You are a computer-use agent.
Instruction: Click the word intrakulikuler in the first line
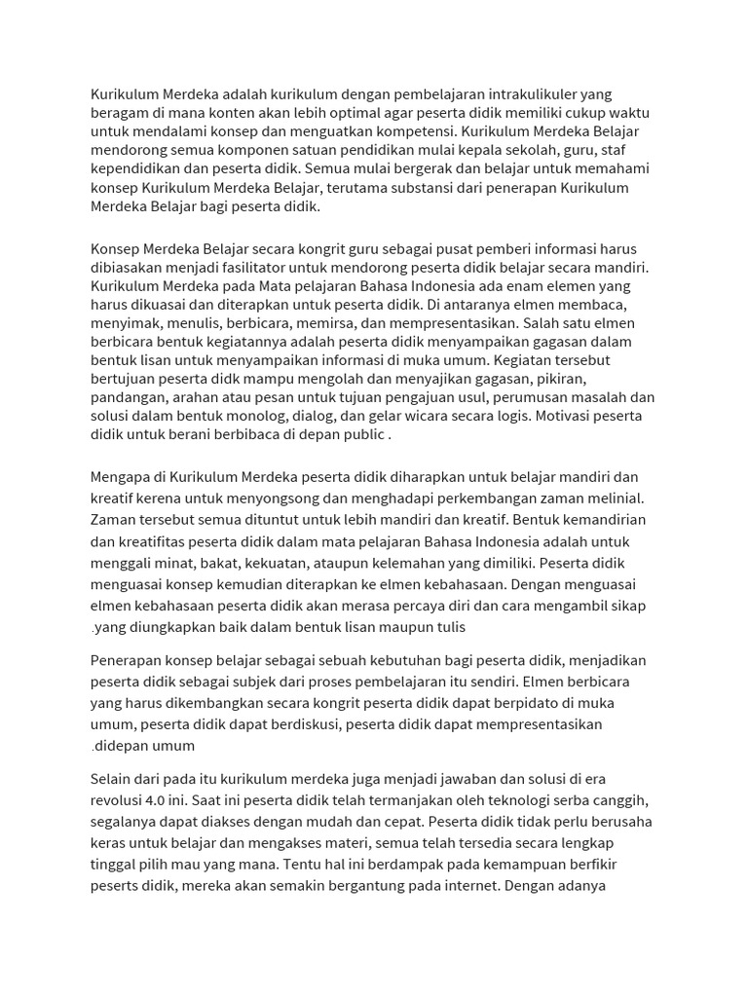point(538,93)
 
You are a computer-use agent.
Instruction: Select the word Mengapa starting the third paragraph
point(123,478)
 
